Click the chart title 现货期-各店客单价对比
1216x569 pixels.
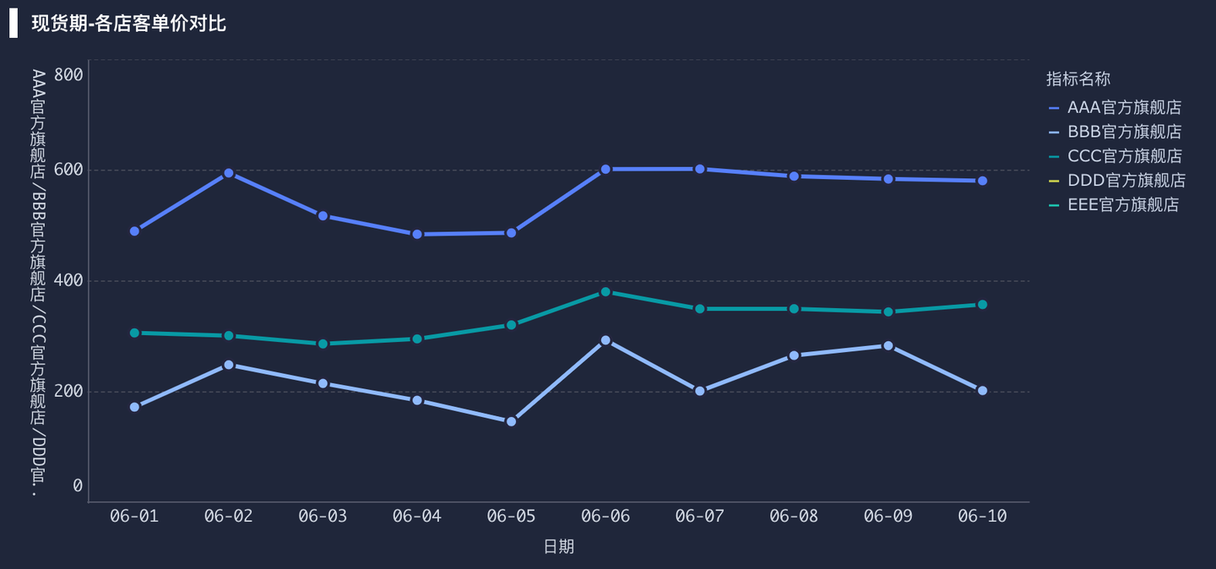[128, 24]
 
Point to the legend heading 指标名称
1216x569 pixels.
[1078, 79]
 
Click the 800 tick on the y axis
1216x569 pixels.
[68, 74]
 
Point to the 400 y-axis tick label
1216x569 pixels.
[68, 280]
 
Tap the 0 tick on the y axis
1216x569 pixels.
[78, 486]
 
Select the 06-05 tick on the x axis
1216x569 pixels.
[511, 517]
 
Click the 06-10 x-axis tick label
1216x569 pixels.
[982, 517]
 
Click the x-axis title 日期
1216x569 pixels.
[558, 547]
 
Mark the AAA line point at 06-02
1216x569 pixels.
[229, 173]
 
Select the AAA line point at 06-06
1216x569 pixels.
[605, 170]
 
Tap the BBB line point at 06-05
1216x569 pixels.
[511, 421]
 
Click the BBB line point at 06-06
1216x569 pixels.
[605, 340]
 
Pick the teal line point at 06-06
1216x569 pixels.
[605, 292]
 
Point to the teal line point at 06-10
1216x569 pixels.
[982, 305]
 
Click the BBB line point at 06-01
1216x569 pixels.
[134, 407]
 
